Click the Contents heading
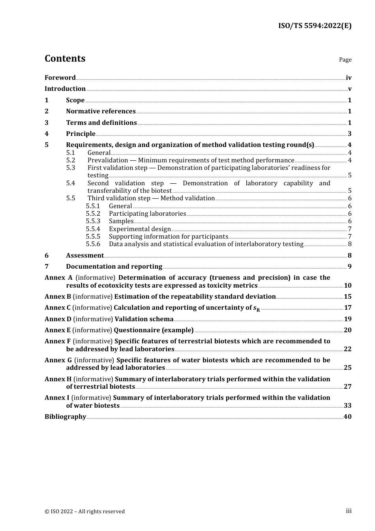[65, 58]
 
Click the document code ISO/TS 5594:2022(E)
[315, 26]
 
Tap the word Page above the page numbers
[345, 60]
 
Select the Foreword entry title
[60, 78]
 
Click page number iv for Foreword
[349, 78]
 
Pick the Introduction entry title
[65, 89]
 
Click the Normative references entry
[101, 111]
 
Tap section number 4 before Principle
[47, 134]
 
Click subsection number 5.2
[71, 160]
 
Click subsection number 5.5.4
[93, 229]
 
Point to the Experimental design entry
[140, 229]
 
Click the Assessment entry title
[85, 256]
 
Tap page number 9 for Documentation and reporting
[349, 267]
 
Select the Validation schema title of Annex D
[144, 319]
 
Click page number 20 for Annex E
[347, 330]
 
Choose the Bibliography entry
[65, 417]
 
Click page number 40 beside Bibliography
[347, 417]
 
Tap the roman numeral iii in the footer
[349, 511]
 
